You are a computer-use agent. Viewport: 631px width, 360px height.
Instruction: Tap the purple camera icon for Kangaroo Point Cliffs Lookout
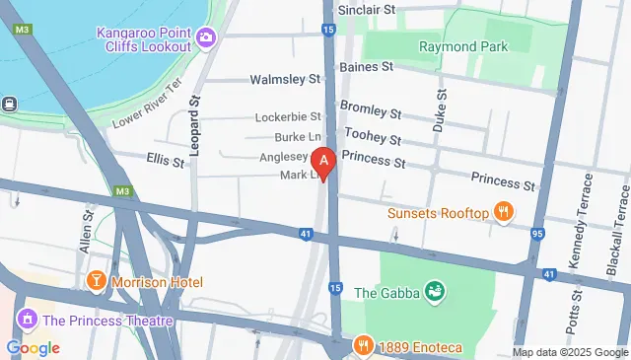(207, 38)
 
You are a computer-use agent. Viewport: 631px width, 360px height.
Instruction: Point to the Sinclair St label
(366, 9)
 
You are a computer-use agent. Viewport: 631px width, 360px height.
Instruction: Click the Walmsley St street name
(286, 78)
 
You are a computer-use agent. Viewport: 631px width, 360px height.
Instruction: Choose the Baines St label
(366, 67)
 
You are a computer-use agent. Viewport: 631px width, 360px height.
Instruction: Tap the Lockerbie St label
(288, 116)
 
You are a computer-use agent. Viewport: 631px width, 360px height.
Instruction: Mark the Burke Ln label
(299, 137)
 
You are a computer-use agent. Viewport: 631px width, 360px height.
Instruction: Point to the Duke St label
(439, 110)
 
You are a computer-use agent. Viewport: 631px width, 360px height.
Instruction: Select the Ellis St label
(165, 159)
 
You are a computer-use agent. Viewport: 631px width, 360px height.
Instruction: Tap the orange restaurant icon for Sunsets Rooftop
(503, 212)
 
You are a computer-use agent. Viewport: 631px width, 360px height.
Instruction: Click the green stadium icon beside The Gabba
(434, 291)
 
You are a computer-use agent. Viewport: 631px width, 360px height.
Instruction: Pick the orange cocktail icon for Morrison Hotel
(97, 281)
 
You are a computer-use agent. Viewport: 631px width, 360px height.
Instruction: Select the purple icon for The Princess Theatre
(27, 320)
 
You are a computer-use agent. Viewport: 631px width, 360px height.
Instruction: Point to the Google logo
(33, 347)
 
